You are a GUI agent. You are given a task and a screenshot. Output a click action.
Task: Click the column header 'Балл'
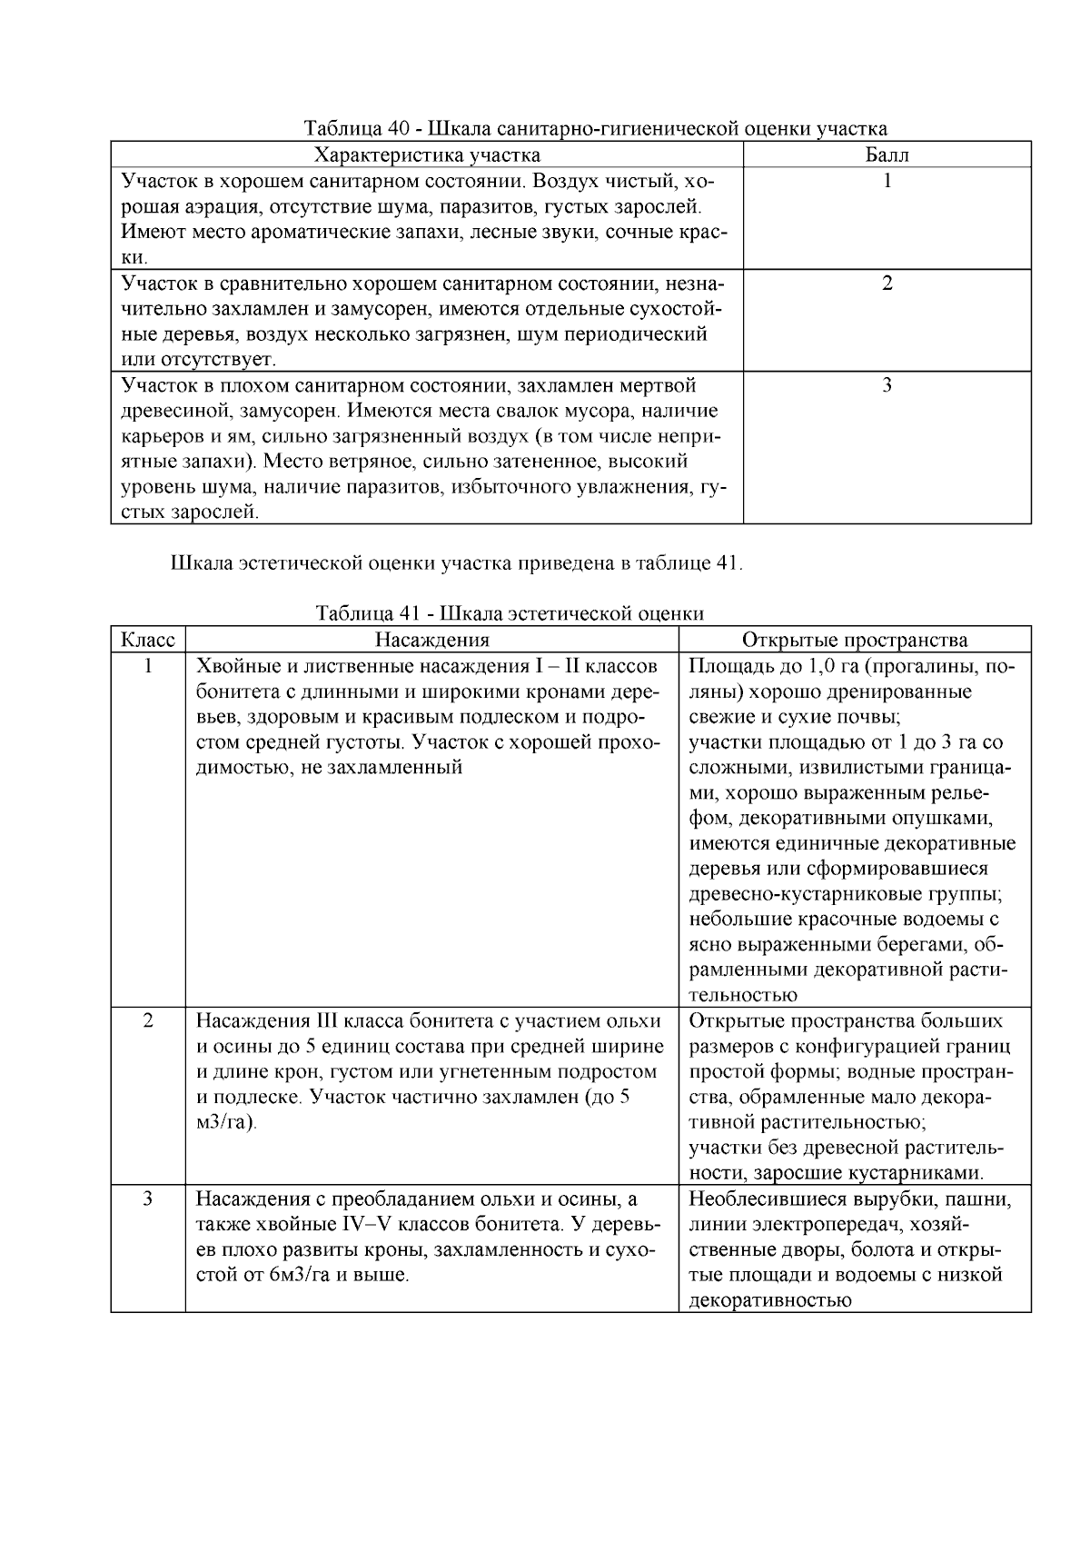pos(887,154)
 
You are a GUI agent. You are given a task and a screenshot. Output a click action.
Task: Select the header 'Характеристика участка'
pos(427,154)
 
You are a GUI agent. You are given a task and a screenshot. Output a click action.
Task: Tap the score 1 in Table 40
pos(887,181)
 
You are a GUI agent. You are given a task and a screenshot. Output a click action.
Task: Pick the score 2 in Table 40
pos(887,283)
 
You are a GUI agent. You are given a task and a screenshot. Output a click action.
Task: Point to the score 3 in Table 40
pos(887,384)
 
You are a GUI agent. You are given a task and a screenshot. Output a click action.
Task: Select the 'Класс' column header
pos(148,640)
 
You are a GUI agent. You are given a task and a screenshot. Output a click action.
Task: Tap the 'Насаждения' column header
pos(432,640)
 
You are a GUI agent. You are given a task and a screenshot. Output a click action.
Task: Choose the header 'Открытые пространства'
pos(855,640)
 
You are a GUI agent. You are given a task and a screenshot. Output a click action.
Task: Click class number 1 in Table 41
pos(148,666)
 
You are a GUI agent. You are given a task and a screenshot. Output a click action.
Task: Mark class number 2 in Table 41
pos(148,1020)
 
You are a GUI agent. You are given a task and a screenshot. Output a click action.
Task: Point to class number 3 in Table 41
pos(148,1199)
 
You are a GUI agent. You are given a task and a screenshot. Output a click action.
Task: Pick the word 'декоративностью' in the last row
pos(769,1300)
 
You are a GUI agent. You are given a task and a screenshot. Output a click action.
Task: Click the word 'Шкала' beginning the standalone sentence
pos(201,563)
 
